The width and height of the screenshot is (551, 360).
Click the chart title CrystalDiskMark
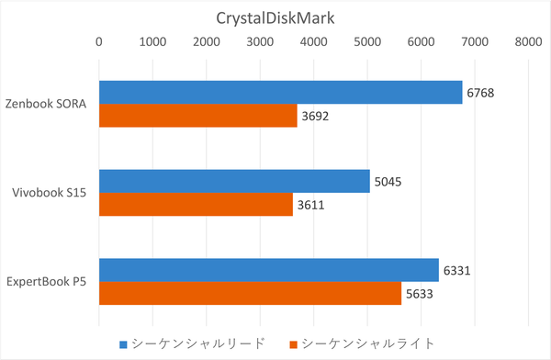pyautogui.click(x=275, y=17)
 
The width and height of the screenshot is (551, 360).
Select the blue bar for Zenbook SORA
pyautogui.click(x=280, y=92)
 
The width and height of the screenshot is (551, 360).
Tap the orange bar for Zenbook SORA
pyautogui.click(x=197, y=116)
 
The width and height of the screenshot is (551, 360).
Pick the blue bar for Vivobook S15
pyautogui.click(x=234, y=181)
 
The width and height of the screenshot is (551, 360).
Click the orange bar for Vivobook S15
pyautogui.click(x=196, y=204)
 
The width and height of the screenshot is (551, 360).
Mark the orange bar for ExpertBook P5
pyautogui.click(x=250, y=293)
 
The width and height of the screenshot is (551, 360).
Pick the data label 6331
pyautogui.click(x=457, y=270)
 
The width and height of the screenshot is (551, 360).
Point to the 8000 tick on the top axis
pyautogui.click(x=528, y=41)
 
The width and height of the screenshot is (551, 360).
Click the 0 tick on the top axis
pyautogui.click(x=99, y=41)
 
